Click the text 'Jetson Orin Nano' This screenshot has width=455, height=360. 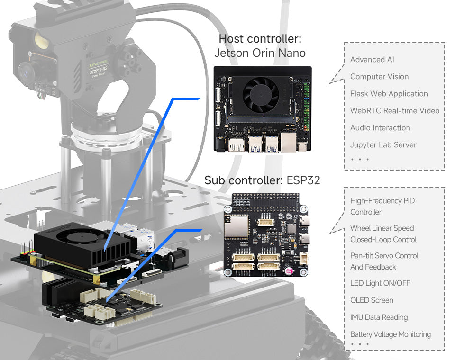click(260, 53)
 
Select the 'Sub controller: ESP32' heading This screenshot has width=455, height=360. click(262, 180)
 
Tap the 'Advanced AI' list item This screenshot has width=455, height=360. click(372, 60)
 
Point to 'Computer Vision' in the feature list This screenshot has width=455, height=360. click(379, 77)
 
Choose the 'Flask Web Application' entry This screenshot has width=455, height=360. click(389, 94)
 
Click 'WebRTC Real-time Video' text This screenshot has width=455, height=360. click(394, 111)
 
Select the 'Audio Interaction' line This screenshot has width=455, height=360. click(380, 128)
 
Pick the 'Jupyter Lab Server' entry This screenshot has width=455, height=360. click(383, 145)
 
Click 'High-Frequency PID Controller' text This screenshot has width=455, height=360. click(382, 207)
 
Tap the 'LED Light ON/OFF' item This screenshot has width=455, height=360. click(380, 283)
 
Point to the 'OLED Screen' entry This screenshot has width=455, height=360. click(372, 300)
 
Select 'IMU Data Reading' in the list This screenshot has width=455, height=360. click(379, 317)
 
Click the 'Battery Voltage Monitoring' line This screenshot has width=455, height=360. click(391, 334)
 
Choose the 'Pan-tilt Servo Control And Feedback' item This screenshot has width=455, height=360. click(384, 261)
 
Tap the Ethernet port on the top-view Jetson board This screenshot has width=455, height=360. click(287, 141)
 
